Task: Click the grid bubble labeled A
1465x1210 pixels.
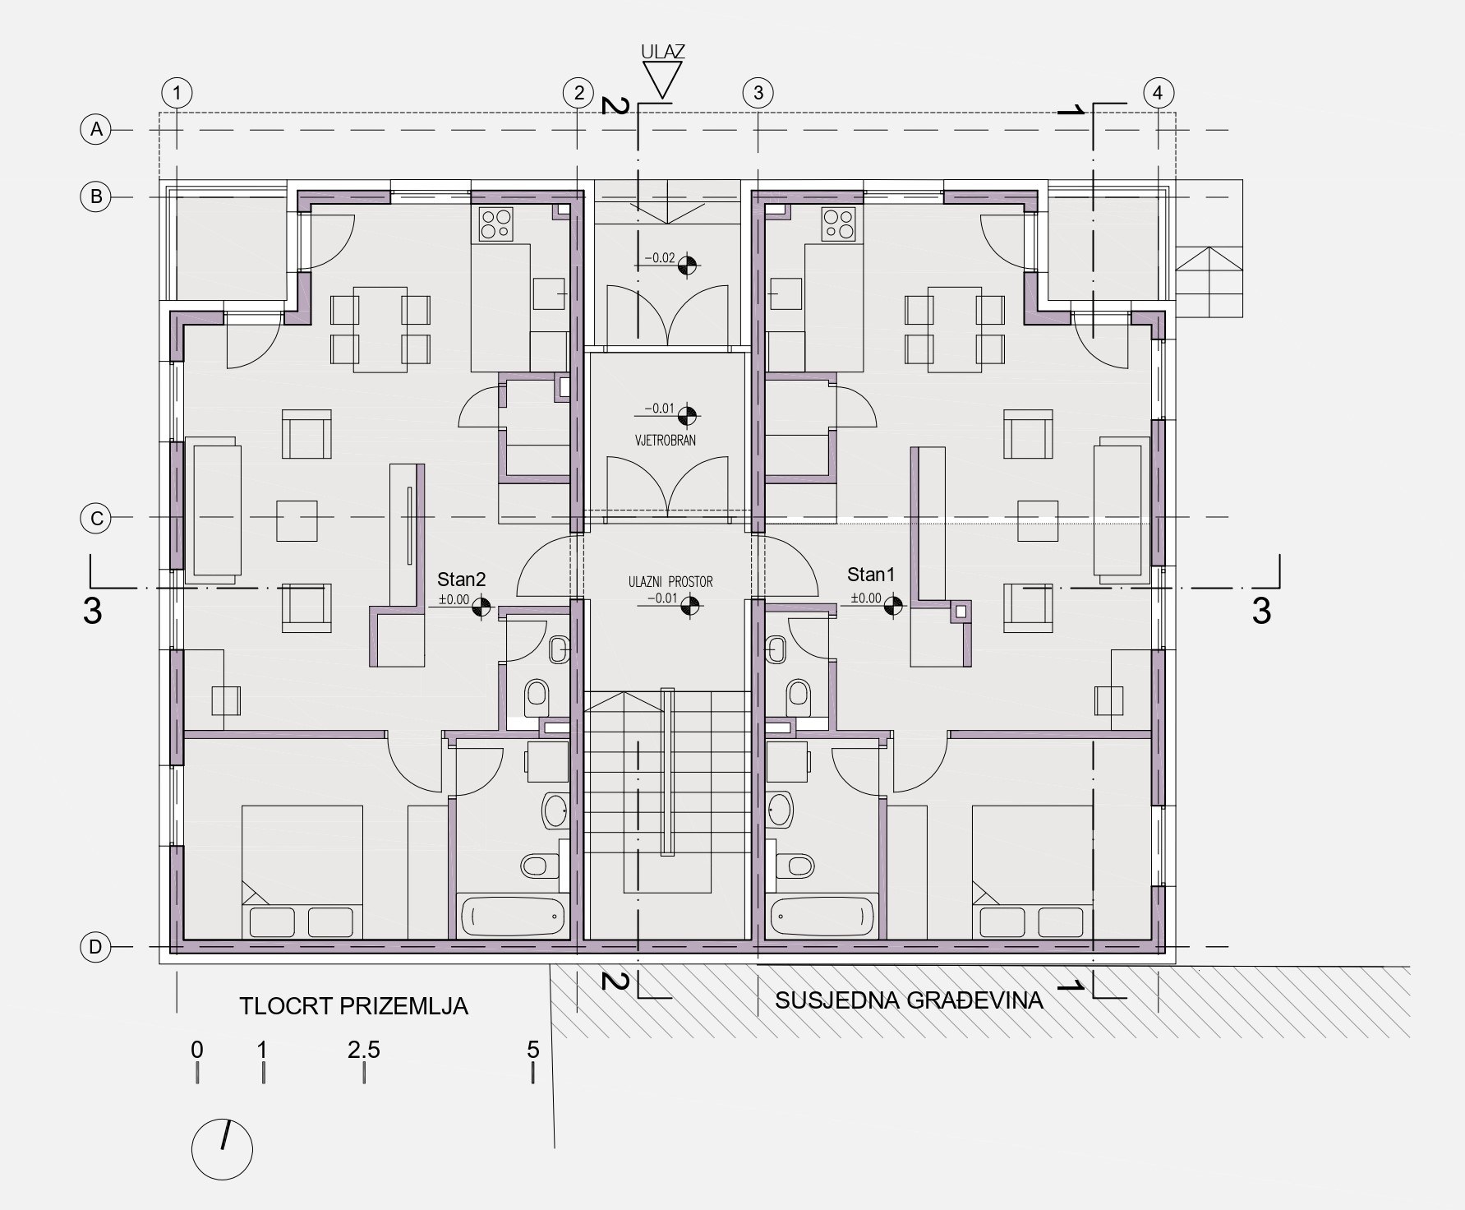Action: tap(96, 129)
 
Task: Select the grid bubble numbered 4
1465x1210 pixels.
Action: tap(1158, 92)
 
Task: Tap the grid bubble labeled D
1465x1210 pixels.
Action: tap(95, 947)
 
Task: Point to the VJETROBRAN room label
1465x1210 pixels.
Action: tap(665, 441)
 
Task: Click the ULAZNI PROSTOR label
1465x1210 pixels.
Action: tap(670, 582)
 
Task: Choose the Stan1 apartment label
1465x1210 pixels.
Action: tap(871, 575)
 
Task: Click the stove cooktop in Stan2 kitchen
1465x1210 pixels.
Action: tap(496, 223)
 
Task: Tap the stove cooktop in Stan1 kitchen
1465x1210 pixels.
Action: tap(839, 223)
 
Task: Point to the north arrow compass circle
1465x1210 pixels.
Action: tap(222, 1148)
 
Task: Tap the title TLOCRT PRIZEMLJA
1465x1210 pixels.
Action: tap(353, 1005)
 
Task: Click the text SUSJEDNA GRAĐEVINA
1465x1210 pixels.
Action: tap(909, 1000)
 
